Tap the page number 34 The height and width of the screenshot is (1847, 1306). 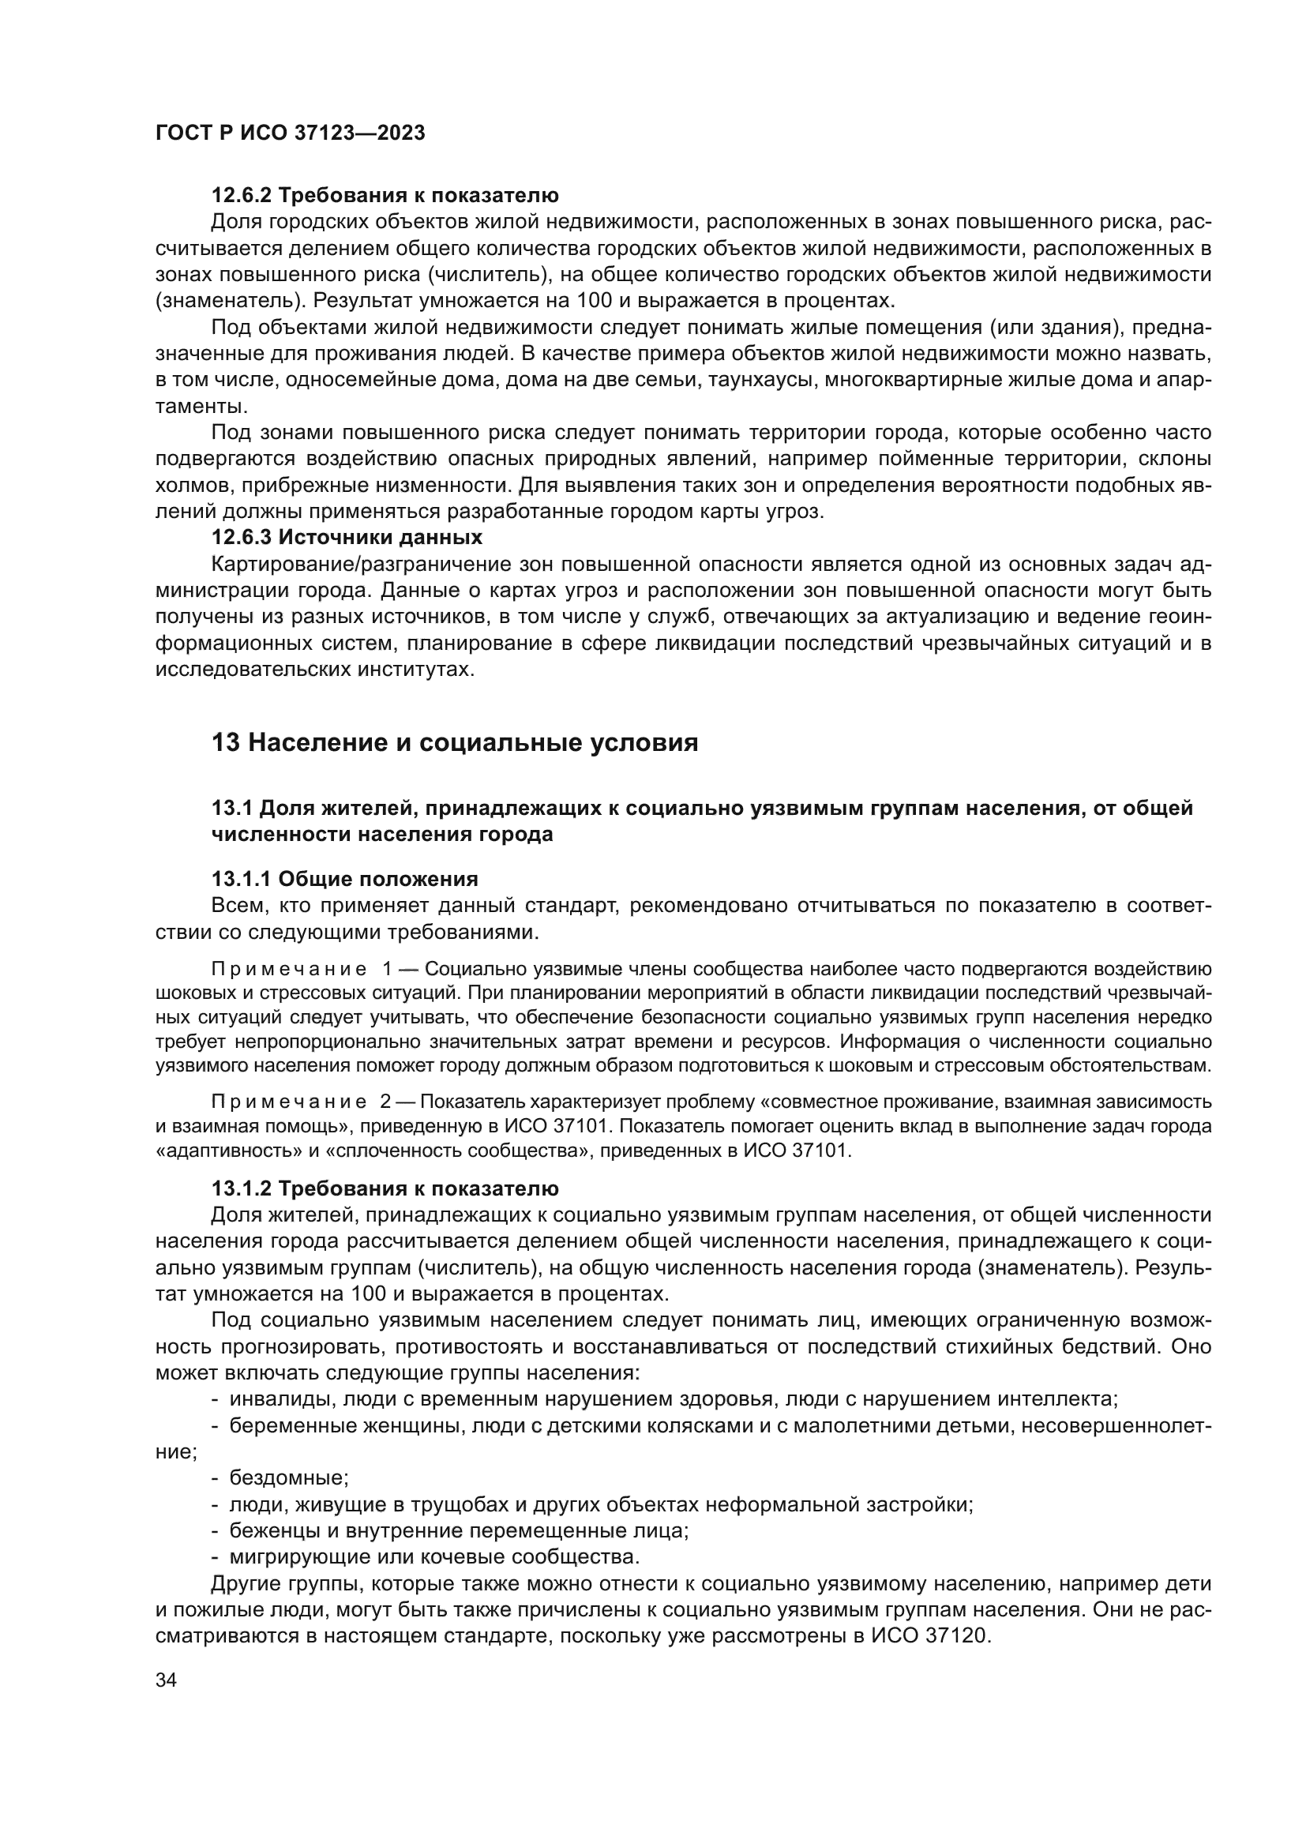coord(166,1680)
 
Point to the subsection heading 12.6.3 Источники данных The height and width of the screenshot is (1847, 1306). coord(347,536)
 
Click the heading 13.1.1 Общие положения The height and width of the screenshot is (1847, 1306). coord(344,878)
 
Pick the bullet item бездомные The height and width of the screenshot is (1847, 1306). coord(289,1477)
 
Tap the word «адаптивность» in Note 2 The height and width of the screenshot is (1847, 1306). coord(212,1151)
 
